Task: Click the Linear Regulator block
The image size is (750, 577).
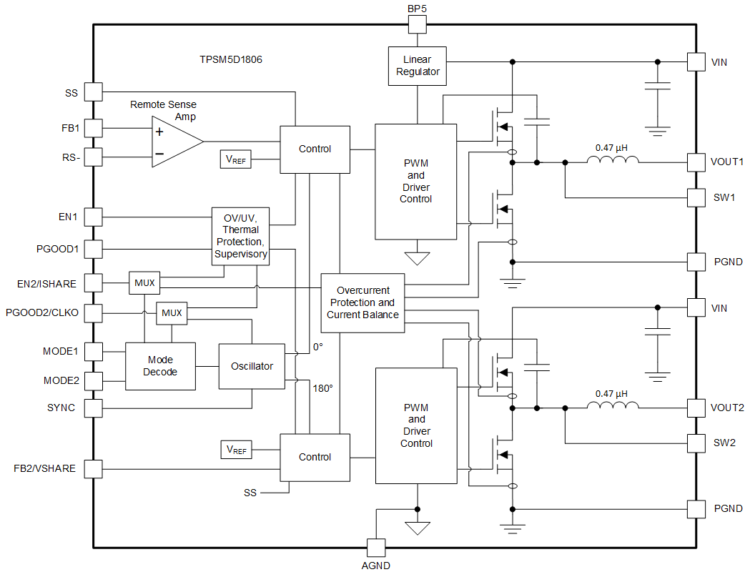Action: tap(417, 66)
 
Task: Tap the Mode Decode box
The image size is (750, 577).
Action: tap(160, 366)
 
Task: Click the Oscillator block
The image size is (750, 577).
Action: tap(252, 366)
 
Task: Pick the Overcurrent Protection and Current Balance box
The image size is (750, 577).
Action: tap(362, 302)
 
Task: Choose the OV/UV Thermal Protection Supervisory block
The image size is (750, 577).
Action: tap(241, 236)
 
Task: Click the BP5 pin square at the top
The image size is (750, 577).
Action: tap(417, 24)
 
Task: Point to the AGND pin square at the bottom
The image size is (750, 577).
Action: tap(375, 548)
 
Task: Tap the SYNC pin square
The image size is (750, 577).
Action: tap(93, 408)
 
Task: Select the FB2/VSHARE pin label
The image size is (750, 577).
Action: tap(44, 469)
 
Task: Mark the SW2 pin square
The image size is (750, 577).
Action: tap(696, 443)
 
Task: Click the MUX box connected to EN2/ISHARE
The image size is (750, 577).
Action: tap(144, 283)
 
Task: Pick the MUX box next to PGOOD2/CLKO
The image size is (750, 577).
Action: tap(172, 313)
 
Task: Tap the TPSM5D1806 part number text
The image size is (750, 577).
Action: tap(230, 60)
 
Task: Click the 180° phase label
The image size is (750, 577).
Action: tap(322, 388)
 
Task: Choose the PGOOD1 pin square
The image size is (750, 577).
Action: tap(93, 250)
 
